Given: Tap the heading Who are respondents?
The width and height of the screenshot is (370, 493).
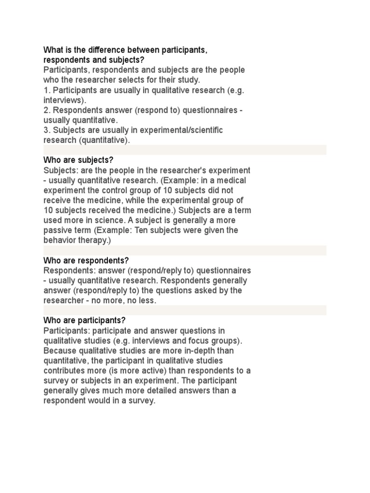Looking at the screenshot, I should [x=86, y=260].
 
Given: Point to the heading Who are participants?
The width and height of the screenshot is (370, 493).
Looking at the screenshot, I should [x=84, y=320].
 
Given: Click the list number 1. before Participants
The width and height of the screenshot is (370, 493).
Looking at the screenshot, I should [x=47, y=90].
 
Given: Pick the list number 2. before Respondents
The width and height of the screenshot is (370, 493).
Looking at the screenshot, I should [x=47, y=110].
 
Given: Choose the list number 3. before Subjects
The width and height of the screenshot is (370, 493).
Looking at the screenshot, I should [x=47, y=130].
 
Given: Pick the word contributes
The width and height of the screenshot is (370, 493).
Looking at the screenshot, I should [x=66, y=371].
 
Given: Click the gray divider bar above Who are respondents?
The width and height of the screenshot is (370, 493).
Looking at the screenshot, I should [x=185, y=250].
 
